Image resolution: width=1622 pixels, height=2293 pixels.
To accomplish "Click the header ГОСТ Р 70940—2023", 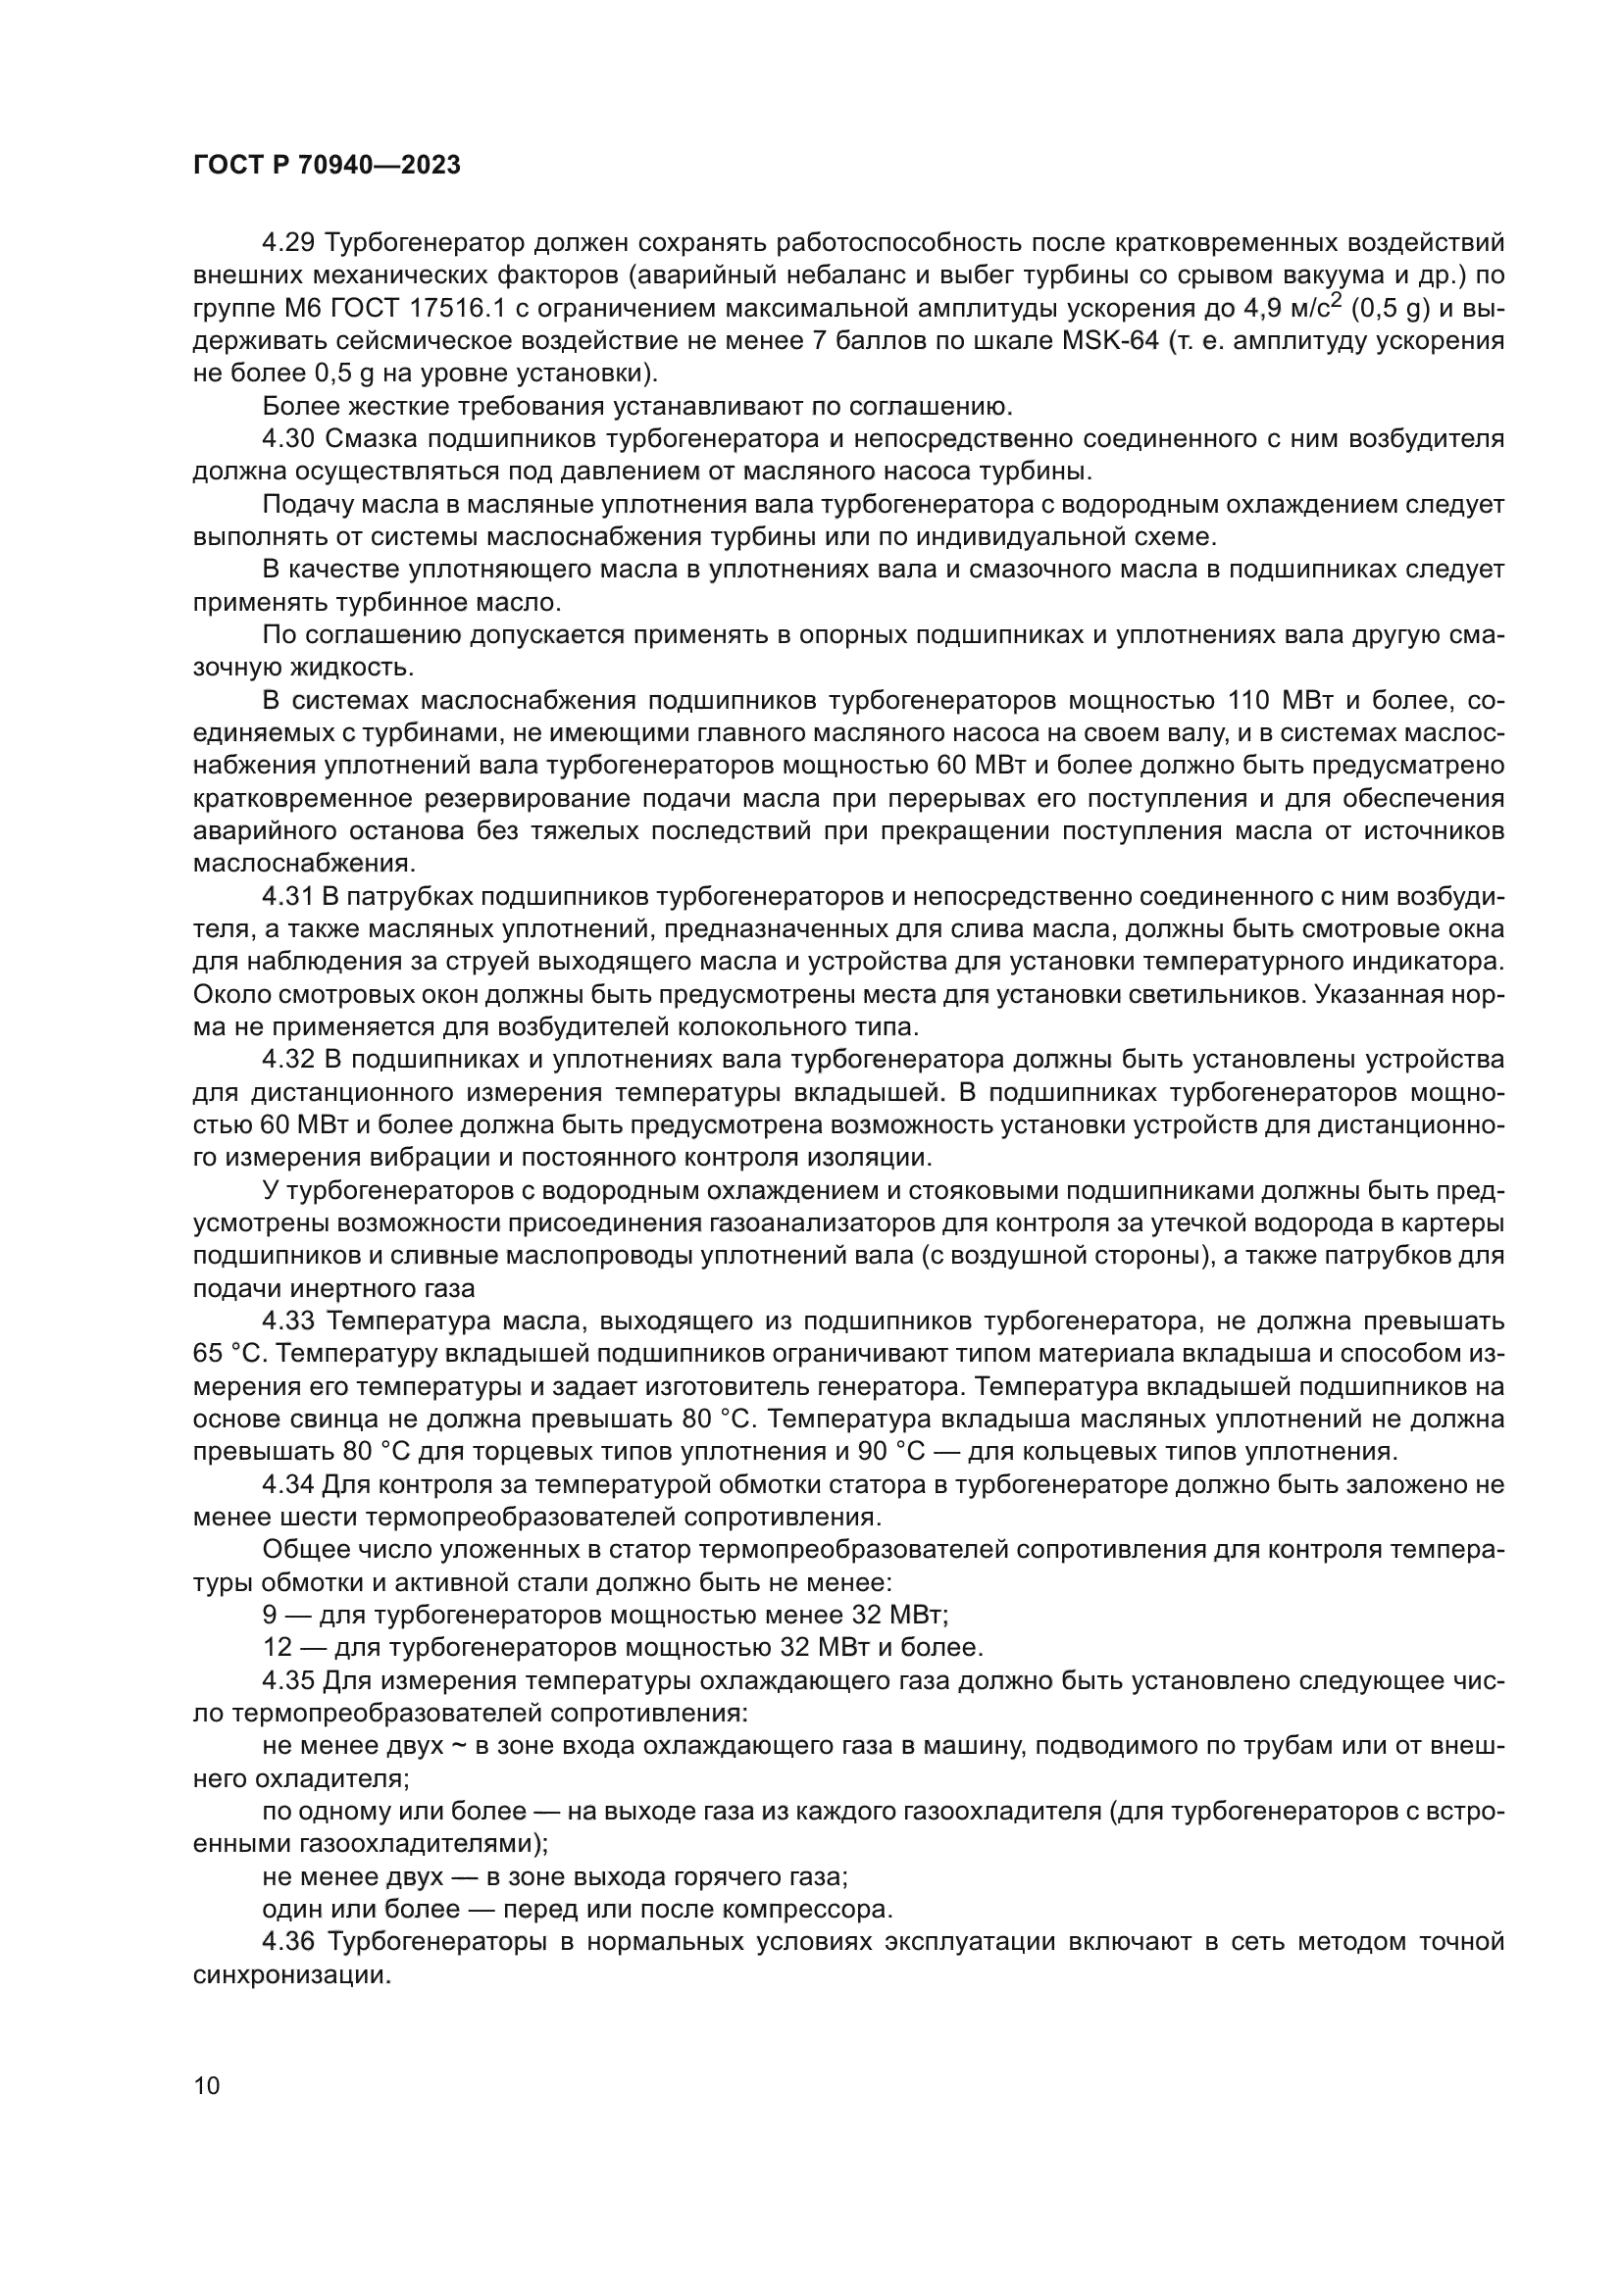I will pos(327,166).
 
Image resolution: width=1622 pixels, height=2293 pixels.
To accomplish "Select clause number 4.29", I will pos(287,243).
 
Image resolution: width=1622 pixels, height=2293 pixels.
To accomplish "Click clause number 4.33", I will pos(287,1321).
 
